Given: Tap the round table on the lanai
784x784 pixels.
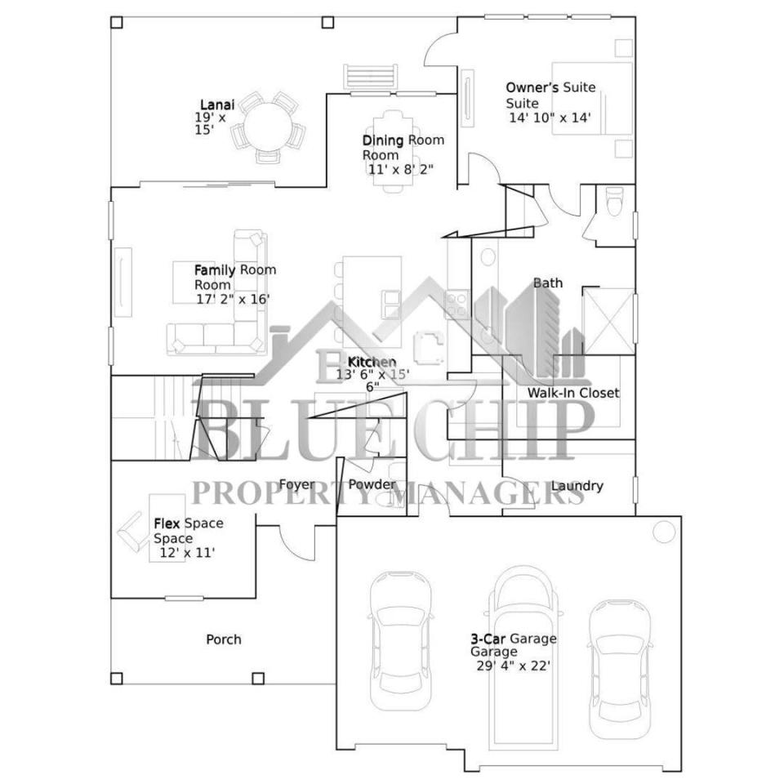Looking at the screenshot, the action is (267, 126).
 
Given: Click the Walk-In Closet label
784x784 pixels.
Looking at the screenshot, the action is (573, 393).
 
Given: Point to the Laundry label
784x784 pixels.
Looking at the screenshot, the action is (577, 485).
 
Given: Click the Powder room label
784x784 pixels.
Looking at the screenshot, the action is (372, 484).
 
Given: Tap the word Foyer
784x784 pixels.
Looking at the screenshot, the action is (297, 484).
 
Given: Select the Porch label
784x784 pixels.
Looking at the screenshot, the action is (224, 639).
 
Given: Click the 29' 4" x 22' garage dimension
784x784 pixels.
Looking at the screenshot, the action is (514, 666).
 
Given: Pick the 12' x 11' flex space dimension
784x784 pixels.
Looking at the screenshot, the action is (187, 553).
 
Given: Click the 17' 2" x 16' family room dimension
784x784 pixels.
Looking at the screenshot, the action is (233, 299).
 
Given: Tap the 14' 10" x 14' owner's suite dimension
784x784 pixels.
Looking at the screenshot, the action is (550, 118).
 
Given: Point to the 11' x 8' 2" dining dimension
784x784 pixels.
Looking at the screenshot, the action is (400, 169).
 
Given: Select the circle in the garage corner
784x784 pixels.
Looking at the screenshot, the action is (664, 532).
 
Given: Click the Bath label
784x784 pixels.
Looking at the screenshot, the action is (548, 283).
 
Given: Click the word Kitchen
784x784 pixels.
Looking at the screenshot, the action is (372, 362).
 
